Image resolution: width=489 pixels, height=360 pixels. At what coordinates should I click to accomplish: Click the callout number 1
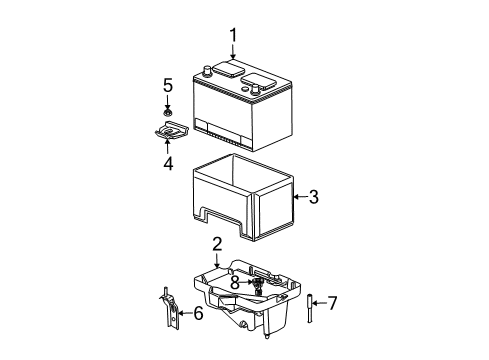pyautogui.click(x=234, y=39)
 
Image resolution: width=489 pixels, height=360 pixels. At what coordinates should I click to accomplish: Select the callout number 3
pyautogui.click(x=313, y=198)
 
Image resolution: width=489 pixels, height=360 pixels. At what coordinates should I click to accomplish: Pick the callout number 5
pyautogui.click(x=168, y=85)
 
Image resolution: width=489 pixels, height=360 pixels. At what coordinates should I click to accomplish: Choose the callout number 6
pyautogui.click(x=198, y=314)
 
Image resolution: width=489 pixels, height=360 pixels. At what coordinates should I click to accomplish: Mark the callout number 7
pyautogui.click(x=333, y=302)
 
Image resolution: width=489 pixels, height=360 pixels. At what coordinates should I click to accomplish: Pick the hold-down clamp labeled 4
pyautogui.click(x=167, y=131)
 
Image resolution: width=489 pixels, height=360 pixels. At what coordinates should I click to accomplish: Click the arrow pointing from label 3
pyautogui.click(x=298, y=198)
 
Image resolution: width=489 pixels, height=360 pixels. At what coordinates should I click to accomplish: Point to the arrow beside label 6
pyautogui.click(x=185, y=313)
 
